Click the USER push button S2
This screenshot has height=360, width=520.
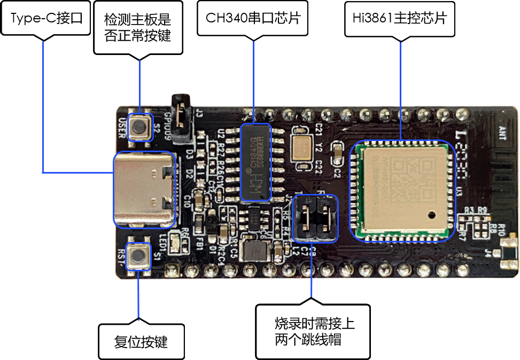tap(140, 127)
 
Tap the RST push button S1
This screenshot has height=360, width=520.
tap(140, 255)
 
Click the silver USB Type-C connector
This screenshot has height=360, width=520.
tap(145, 190)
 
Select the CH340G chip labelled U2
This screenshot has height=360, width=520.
tap(255, 162)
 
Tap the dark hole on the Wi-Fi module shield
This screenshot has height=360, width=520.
tap(431, 216)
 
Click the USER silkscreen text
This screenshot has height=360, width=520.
tap(122, 127)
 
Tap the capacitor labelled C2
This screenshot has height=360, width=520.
tap(337, 154)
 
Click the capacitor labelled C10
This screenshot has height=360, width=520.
tap(199, 200)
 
